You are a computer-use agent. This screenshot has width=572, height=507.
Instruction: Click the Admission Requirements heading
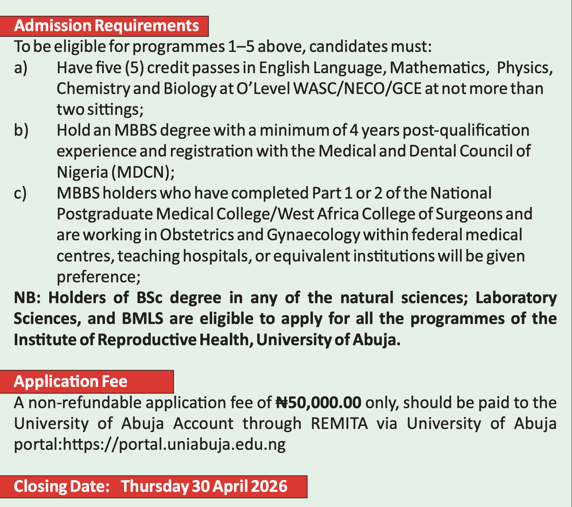[x=106, y=26]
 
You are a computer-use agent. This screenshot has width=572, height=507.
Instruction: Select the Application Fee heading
[x=70, y=381]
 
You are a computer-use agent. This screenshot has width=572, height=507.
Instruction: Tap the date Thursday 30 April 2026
[x=204, y=486]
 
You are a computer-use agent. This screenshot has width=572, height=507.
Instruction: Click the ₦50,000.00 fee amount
[x=319, y=402]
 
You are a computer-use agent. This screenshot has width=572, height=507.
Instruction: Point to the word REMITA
[x=339, y=423]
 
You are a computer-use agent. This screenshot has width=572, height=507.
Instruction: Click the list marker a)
[x=21, y=68]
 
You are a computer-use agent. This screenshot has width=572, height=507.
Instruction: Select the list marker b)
[x=21, y=130]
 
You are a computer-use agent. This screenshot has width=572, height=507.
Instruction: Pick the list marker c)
[x=20, y=193]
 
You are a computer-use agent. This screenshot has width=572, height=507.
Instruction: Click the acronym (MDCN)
[x=142, y=172]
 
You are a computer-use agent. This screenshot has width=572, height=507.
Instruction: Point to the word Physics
[x=524, y=68]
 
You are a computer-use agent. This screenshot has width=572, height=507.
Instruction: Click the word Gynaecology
[x=313, y=235]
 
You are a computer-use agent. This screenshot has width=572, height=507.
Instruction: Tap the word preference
[x=97, y=277]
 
